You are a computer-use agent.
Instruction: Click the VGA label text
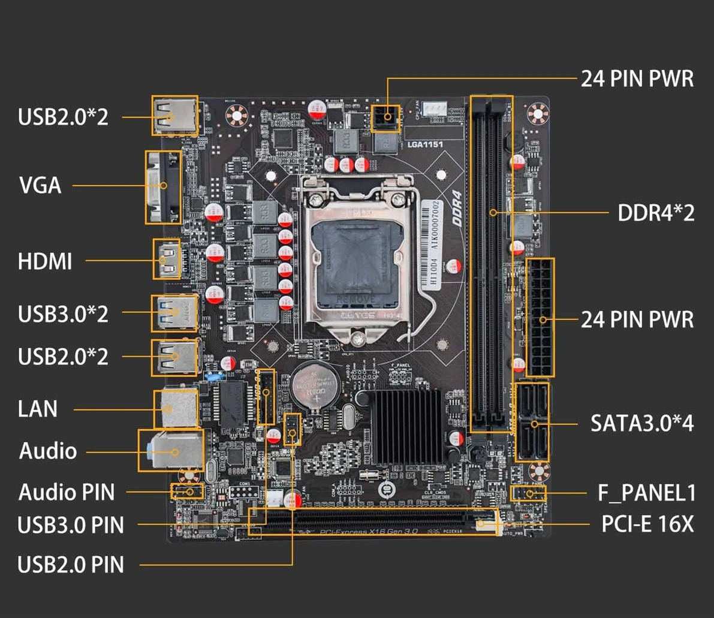click(x=41, y=185)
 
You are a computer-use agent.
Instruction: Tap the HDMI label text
click(x=45, y=261)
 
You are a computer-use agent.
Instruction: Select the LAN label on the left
click(x=38, y=409)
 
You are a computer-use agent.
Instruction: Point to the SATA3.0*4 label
click(x=642, y=423)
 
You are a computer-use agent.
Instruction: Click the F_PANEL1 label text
click(x=646, y=493)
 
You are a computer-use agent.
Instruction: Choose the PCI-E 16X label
click(x=647, y=524)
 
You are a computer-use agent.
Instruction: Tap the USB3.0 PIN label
click(x=71, y=525)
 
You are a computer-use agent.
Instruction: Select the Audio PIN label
click(x=67, y=492)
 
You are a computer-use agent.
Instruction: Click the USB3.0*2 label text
click(x=63, y=313)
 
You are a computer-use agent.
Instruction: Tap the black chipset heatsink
click(x=406, y=427)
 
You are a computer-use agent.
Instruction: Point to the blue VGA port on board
click(x=163, y=188)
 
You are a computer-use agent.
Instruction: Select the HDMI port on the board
click(x=167, y=260)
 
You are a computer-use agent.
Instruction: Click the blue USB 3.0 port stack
click(x=174, y=312)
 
